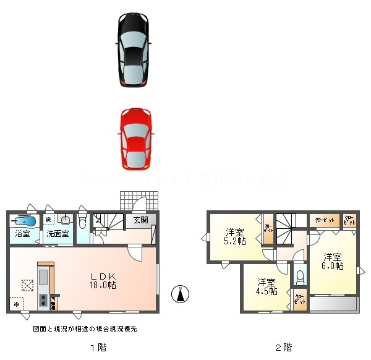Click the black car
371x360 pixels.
pyautogui.click(x=134, y=49)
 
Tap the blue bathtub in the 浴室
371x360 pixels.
pyautogui.click(x=23, y=220)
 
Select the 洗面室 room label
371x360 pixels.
pyautogui.click(x=57, y=234)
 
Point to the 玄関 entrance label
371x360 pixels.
pyautogui.click(x=140, y=220)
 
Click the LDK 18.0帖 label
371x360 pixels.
pyautogui.click(x=103, y=280)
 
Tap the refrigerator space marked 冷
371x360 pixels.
pyautogui.click(x=16, y=304)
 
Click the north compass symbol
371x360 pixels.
pyautogui.click(x=180, y=294)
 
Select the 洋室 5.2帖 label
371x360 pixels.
pyautogui.click(x=236, y=236)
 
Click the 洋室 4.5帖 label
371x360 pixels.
pyautogui.click(x=267, y=286)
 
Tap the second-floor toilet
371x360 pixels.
pyautogui.click(x=300, y=275)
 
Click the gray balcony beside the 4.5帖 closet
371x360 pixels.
pyautogui.click(x=332, y=304)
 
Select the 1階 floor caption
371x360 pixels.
pyautogui.click(x=97, y=347)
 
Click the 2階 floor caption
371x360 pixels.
pyautogui.click(x=283, y=347)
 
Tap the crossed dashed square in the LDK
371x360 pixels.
pyautogui.click(x=27, y=285)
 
